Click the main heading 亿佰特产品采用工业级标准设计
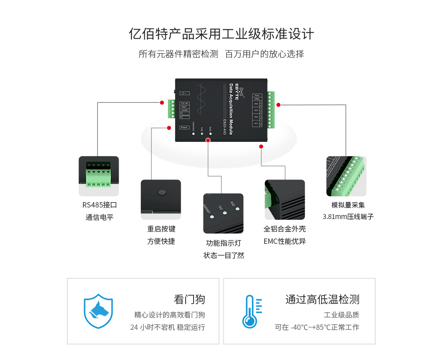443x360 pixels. click(x=221, y=34)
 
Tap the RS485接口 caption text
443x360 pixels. click(x=99, y=205)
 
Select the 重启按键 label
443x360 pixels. click(x=161, y=229)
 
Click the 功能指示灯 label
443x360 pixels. click(x=223, y=243)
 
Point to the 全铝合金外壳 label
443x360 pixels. click(x=284, y=229)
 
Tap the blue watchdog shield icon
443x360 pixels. click(x=98, y=311)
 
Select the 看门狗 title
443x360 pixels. click(x=189, y=299)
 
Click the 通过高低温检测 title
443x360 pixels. click(x=322, y=299)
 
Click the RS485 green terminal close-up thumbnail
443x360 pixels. click(x=99, y=176)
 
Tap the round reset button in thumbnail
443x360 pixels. click(x=162, y=192)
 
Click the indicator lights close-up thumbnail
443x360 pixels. click(x=223, y=213)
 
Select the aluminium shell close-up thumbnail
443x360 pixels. click(x=284, y=200)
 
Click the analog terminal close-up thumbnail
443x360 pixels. click(x=346, y=176)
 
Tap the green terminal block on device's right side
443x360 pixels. click(x=271, y=110)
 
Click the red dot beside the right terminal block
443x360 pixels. click(x=278, y=105)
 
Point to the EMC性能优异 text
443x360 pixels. click(x=284, y=242)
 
